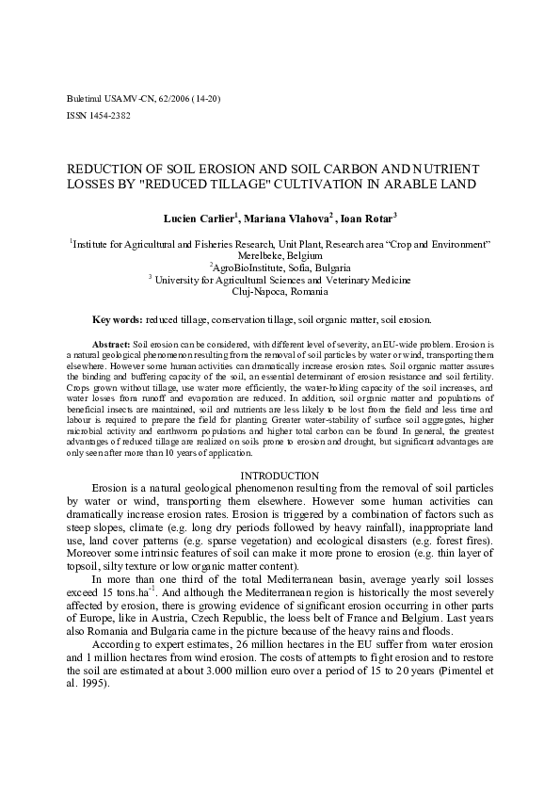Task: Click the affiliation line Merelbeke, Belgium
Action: coord(280,255)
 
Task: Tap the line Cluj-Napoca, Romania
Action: coord(280,291)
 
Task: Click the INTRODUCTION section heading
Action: coord(280,474)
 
